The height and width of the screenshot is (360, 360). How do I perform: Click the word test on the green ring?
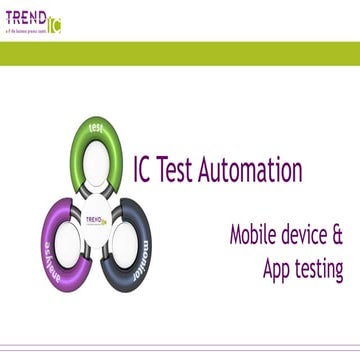97,129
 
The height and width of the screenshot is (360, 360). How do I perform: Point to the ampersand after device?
338,237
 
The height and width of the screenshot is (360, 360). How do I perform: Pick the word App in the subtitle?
279,270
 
